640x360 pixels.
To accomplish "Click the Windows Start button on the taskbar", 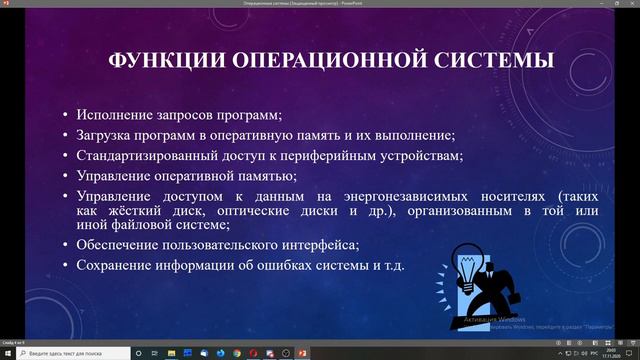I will [8, 353].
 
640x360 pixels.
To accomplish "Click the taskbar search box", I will [70, 353].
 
